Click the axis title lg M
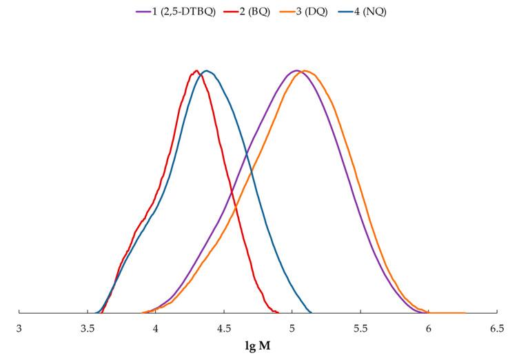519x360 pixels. [x=257, y=346]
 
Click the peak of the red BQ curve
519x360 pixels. [x=196, y=70]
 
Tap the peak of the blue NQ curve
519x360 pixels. [x=206, y=70]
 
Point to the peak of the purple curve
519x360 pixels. [x=296, y=70]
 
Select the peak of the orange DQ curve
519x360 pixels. [x=305, y=70]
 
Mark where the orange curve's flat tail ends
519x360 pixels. [x=466, y=312]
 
